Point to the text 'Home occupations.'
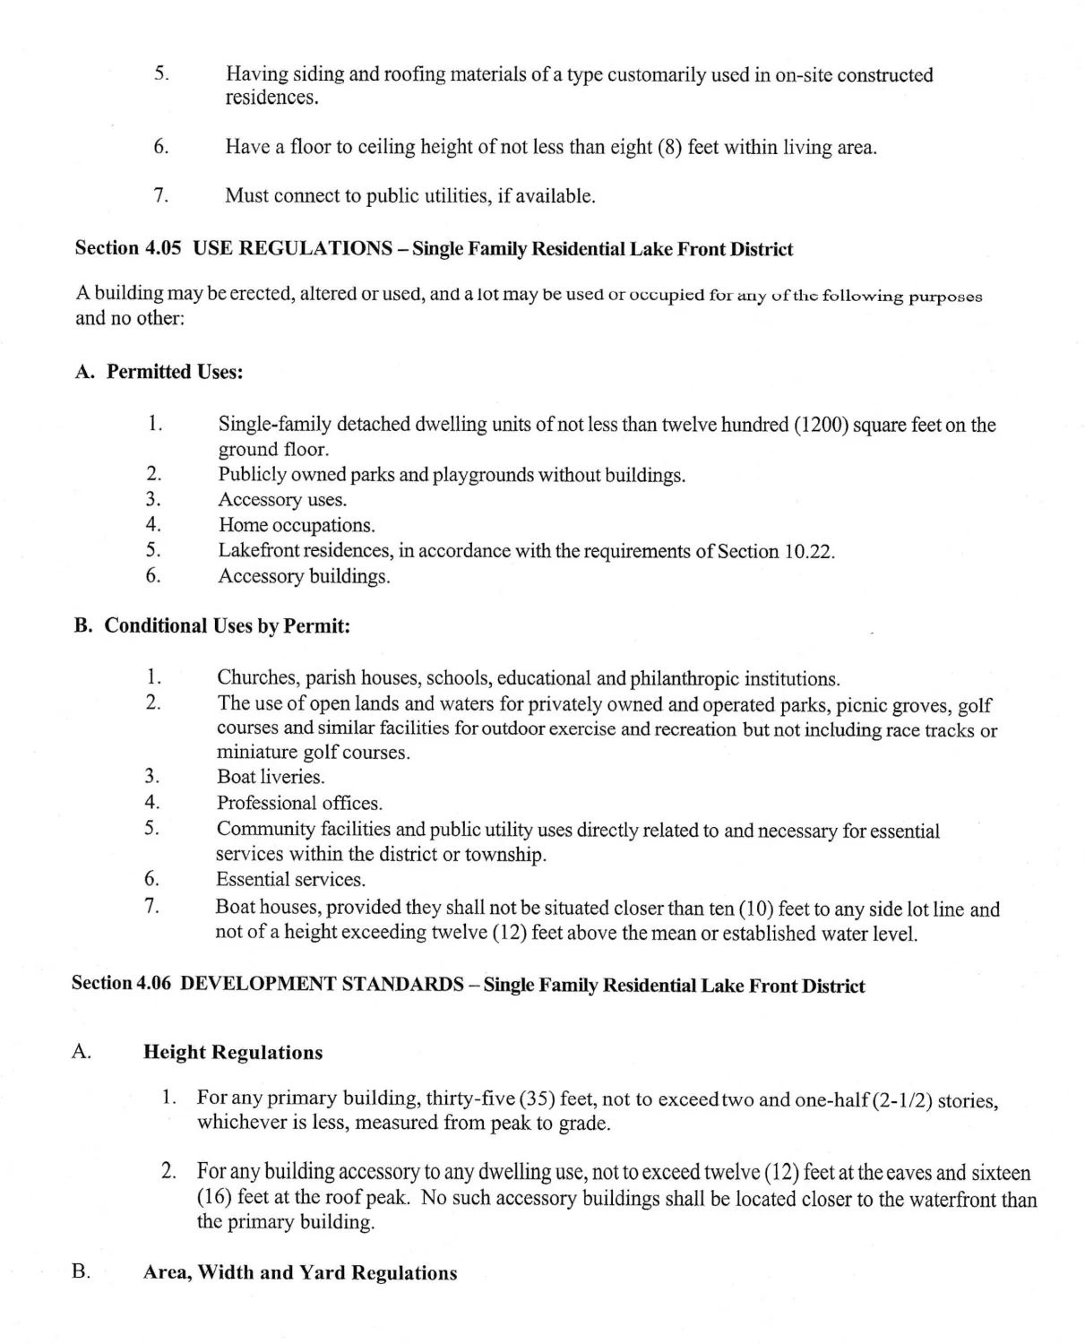coord(297,525)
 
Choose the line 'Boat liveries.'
coord(271,777)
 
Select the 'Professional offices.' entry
coord(299,803)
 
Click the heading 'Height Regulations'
coord(233,1052)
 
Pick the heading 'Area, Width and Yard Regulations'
coord(299,1272)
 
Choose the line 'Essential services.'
coord(290,880)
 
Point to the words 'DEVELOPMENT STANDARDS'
coord(322,984)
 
